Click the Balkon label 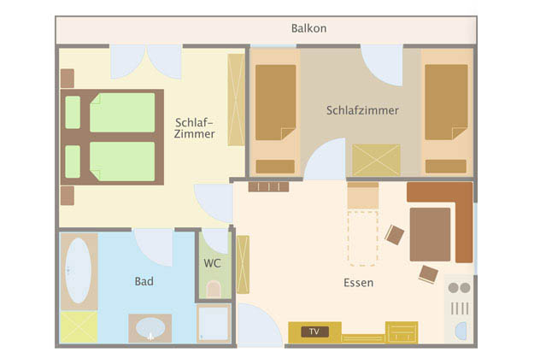308,28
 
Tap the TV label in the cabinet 314,332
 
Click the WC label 213,263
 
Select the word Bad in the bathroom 144,281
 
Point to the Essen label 358,283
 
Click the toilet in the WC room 214,289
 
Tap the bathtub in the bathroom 79,270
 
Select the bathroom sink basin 150,328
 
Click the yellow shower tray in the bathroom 79,327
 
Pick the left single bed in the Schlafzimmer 275,102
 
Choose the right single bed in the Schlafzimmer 446,102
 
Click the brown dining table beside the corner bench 430,234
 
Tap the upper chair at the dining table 395,235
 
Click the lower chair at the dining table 428,274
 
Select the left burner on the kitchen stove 454,288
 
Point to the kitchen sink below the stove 461,331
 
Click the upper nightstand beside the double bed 68,79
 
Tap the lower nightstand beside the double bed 68,196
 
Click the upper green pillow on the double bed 73,112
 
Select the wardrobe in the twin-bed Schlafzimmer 376,161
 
